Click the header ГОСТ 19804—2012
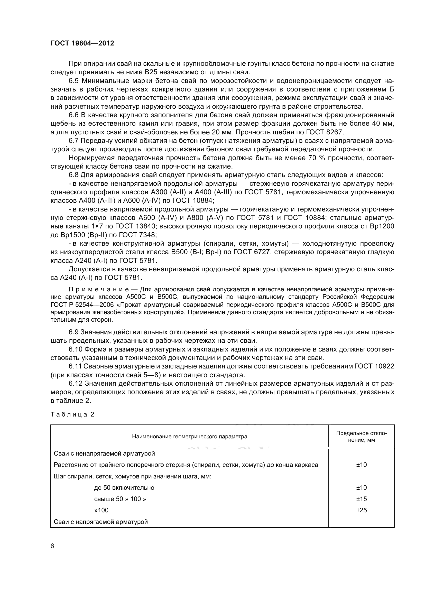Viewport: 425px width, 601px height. [x=82, y=43]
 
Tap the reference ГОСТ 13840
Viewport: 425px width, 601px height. [x=136, y=226]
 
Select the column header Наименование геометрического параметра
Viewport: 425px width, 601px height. [x=189, y=437]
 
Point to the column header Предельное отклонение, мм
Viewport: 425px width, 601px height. [x=362, y=437]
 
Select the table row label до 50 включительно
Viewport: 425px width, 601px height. [x=124, y=488]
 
